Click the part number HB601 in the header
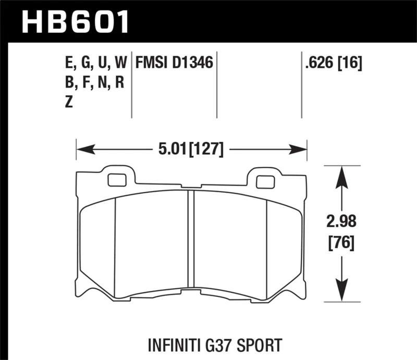pos(75,22)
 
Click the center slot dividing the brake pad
pos(191,245)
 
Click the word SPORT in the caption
pos(260,345)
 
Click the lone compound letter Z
pos(68,103)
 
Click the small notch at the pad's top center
pos(191,186)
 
